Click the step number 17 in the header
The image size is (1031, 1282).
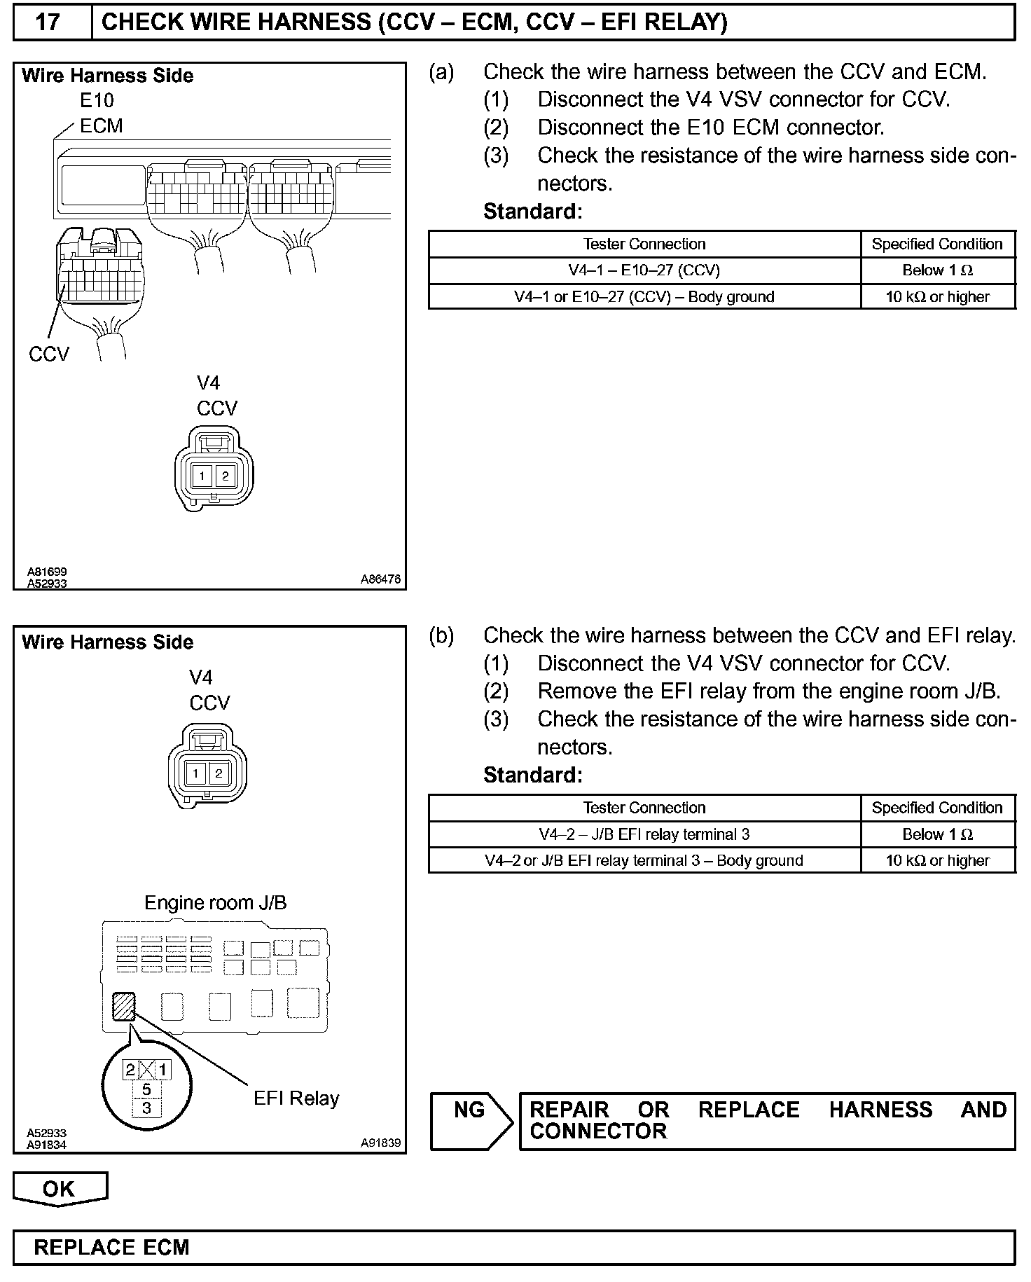point(48,22)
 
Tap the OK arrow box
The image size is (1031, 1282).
point(60,1188)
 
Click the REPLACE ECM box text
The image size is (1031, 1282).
point(112,1247)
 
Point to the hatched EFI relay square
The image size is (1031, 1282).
point(124,1007)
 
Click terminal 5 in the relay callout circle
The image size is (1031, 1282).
point(146,1089)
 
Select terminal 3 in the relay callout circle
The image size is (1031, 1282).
point(146,1108)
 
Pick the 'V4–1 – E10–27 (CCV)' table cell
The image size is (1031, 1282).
point(644,270)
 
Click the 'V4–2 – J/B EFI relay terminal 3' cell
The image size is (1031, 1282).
point(644,834)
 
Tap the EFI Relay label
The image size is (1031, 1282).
point(296,1098)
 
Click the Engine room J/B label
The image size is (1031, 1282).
point(215,902)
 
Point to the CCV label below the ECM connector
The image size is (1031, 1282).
point(49,354)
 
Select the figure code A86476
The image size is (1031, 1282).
point(380,579)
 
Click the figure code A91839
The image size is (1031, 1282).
point(380,1143)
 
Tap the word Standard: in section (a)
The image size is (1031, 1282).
point(532,211)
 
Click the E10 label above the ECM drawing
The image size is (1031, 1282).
point(97,101)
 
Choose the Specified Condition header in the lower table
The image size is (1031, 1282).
point(937,808)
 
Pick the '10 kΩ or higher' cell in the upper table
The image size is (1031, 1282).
point(937,296)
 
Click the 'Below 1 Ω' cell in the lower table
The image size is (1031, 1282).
point(937,834)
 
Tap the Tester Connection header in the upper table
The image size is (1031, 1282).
point(644,244)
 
